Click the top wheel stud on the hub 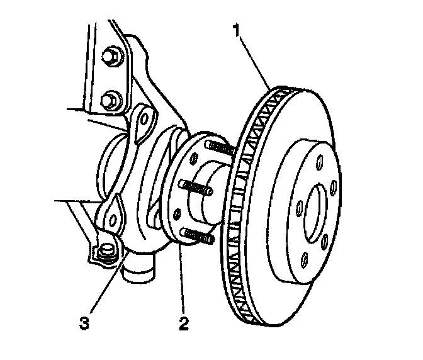(x=222, y=149)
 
